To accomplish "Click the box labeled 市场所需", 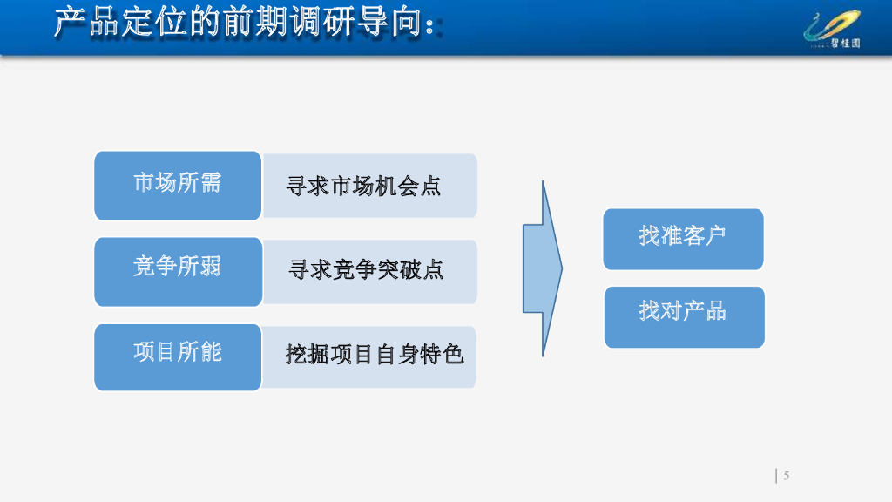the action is coord(178,185).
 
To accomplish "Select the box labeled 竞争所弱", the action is coord(178,271).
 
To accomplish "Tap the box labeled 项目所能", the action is coord(178,356).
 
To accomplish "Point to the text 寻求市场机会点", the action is coord(364,186).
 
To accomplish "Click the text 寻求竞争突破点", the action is coord(366,270).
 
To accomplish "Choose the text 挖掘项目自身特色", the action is coord(375,355).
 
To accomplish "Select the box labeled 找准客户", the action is coord(683,238).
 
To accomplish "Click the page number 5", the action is coord(786,475).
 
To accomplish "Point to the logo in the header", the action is coord(833,29).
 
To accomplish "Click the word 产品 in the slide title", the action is coord(85,24).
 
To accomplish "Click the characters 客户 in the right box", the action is coord(705,235).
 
